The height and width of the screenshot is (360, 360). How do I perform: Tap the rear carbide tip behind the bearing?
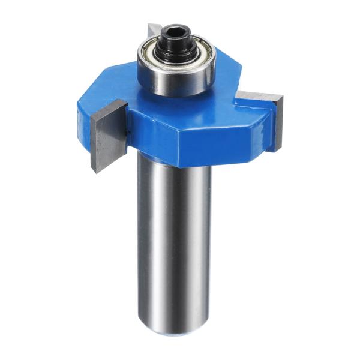154,30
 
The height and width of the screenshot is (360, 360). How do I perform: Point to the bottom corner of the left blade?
94,170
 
